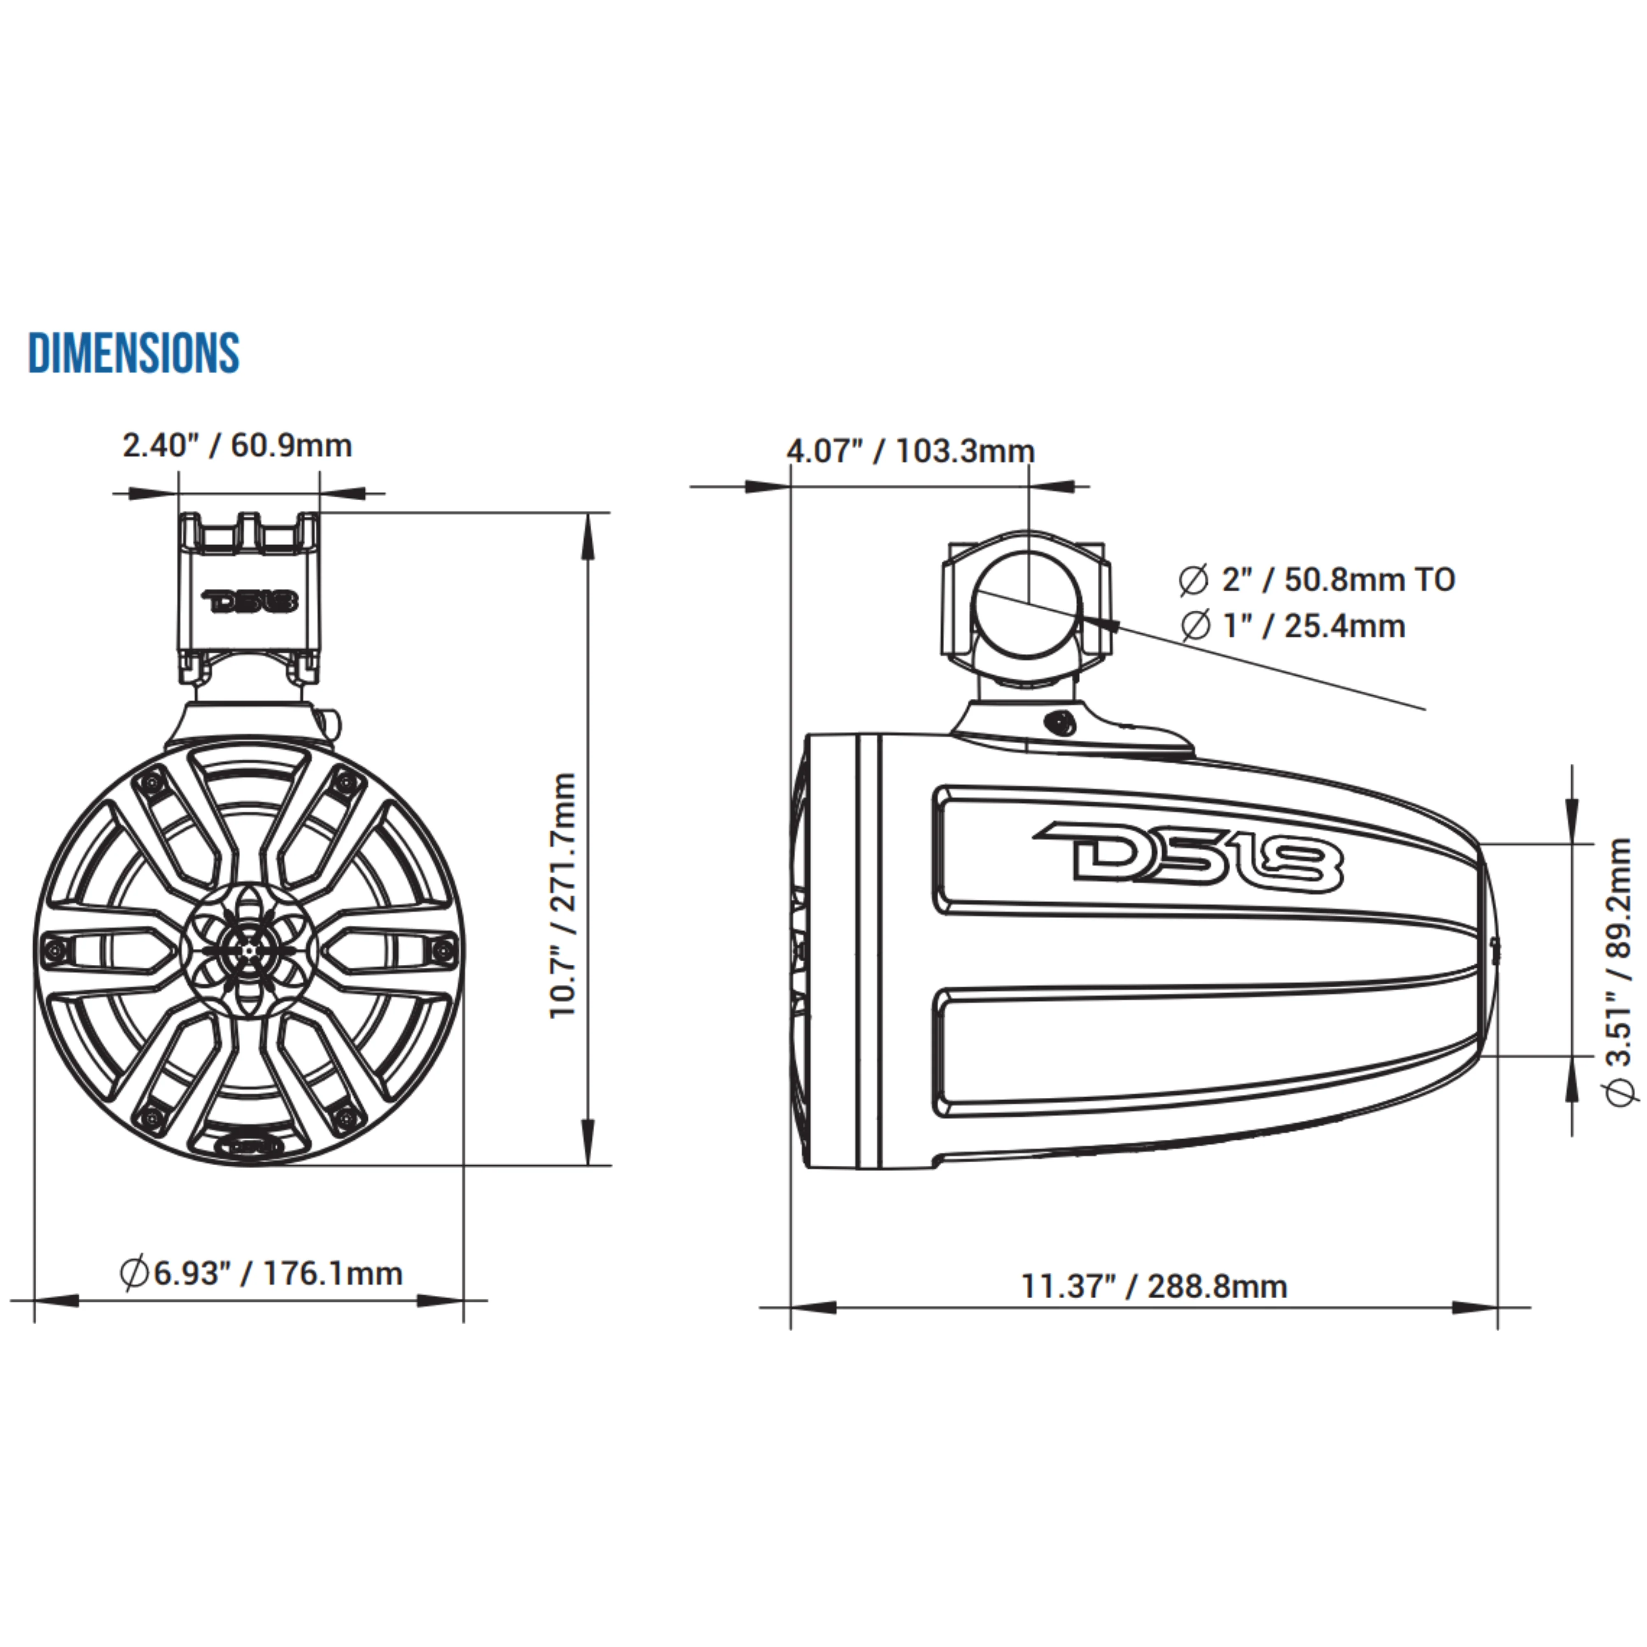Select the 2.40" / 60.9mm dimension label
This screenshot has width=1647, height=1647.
coord(237,446)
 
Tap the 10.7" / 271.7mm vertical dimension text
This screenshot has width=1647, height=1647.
coord(564,895)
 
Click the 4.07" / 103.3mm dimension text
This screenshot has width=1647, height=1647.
coord(910,451)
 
